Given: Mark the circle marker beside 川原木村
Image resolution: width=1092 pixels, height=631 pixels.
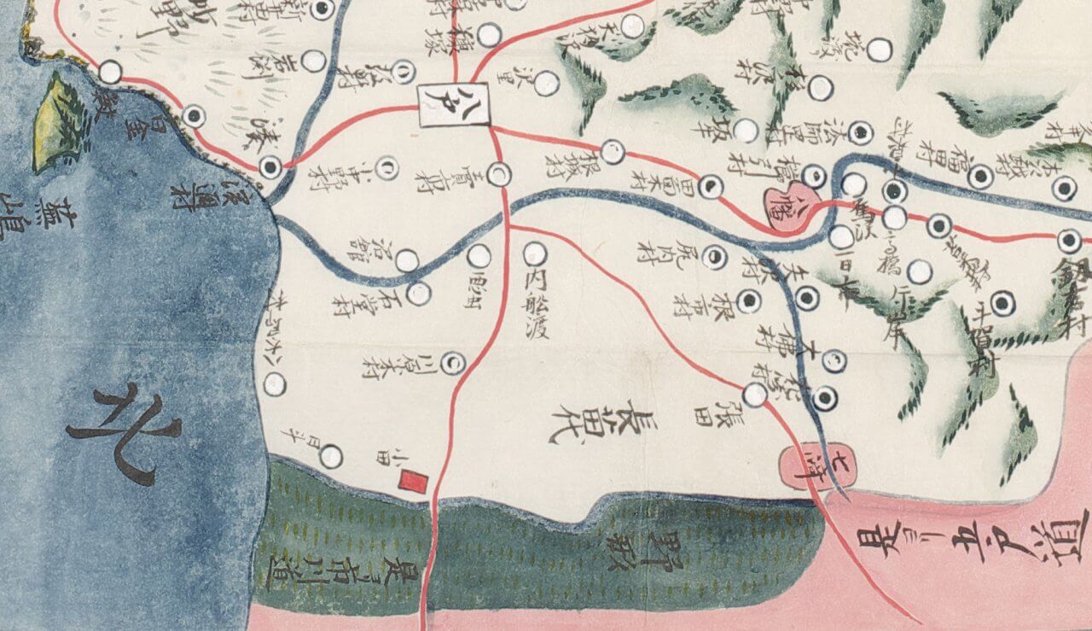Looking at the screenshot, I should (456, 362).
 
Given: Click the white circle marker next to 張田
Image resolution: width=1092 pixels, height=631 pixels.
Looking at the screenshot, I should (754, 394).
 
